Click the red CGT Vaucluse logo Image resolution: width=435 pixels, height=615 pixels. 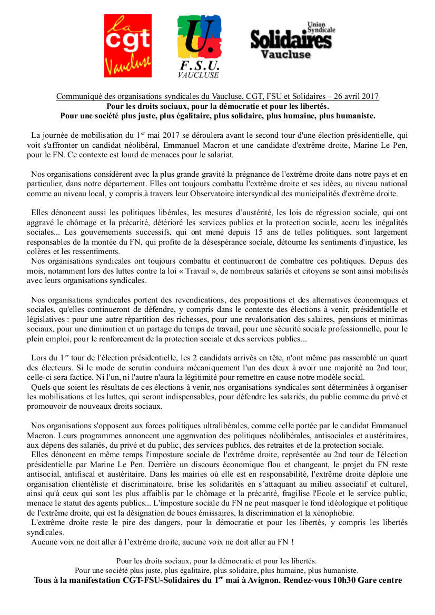(128, 46)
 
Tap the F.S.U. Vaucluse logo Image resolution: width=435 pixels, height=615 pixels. (199, 47)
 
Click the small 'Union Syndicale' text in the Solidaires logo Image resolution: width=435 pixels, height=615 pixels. (321, 27)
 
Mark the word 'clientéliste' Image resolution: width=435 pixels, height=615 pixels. (96, 483)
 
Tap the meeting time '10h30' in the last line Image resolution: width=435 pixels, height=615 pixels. (342, 580)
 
